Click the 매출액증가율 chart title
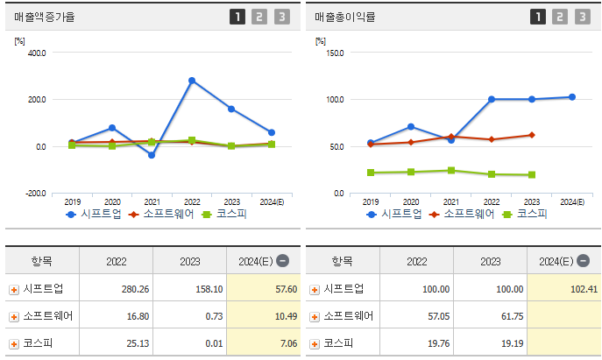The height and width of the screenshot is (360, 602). point(44,16)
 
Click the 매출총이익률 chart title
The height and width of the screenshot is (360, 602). point(344,16)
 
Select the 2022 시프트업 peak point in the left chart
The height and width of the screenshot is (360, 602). point(192,81)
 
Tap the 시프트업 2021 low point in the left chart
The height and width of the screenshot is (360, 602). point(152,155)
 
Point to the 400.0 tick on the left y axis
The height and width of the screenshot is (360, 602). point(37,53)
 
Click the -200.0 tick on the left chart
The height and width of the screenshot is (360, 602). point(35,194)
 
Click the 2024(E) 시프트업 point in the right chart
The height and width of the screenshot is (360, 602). point(572,97)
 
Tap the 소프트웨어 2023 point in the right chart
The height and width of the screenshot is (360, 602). point(532,135)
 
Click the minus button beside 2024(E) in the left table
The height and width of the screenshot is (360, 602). point(282,261)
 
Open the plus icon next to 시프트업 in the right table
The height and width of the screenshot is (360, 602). point(315,289)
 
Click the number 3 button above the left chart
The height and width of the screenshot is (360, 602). point(280,16)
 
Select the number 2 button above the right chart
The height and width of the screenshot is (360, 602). point(559,16)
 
